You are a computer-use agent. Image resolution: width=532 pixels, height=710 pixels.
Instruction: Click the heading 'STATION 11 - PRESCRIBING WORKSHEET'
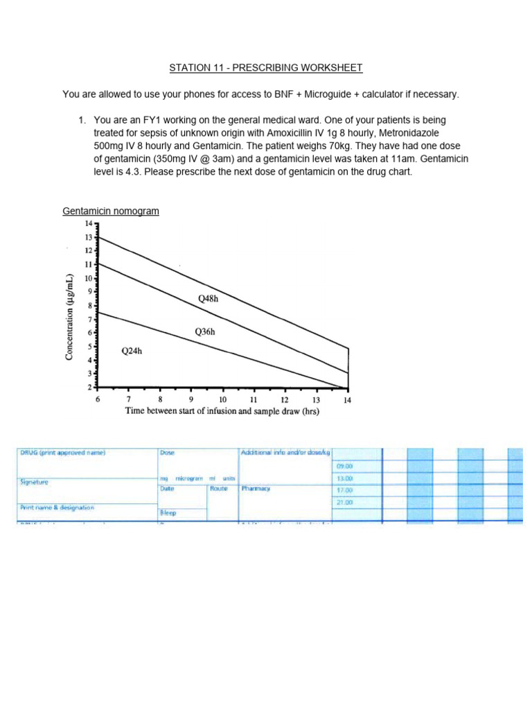[266, 67]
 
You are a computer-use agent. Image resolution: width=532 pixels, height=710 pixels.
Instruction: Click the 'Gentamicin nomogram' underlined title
[111, 210]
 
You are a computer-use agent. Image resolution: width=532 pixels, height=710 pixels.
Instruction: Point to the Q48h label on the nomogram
[209, 300]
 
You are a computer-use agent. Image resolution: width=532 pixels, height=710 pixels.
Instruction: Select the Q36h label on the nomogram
[205, 332]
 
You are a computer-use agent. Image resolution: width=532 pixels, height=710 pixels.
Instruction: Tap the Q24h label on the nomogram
[132, 351]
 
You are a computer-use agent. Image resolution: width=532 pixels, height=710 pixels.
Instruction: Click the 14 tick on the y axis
[88, 223]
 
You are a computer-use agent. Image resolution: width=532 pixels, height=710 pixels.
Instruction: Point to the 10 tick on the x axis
[222, 399]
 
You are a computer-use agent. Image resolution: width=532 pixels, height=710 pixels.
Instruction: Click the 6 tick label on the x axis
[98, 399]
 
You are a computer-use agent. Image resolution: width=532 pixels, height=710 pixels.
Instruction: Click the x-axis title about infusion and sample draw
[222, 410]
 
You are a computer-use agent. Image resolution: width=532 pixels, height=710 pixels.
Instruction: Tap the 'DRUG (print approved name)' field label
[62, 453]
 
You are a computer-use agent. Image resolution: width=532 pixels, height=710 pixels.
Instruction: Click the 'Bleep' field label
[168, 514]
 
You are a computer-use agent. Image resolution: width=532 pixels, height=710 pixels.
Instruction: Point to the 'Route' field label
[220, 488]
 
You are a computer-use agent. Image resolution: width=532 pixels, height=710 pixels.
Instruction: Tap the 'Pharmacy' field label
[256, 488]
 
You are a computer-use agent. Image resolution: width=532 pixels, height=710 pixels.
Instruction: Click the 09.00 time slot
[344, 466]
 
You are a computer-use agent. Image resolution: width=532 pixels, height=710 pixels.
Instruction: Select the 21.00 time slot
[344, 502]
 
